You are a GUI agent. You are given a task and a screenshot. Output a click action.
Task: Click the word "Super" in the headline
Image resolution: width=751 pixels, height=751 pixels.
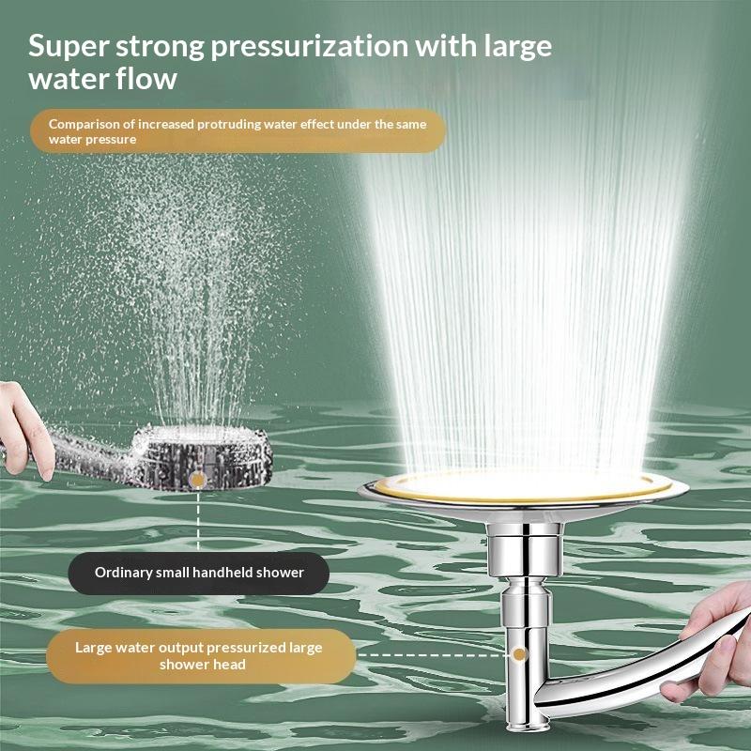pos(68,47)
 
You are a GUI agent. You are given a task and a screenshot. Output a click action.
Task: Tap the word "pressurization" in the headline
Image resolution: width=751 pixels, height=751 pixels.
pos(310,47)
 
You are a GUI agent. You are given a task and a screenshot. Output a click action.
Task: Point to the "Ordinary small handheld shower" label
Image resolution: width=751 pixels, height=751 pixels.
pos(199,573)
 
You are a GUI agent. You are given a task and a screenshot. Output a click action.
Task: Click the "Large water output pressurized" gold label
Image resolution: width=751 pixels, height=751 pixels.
pos(201,655)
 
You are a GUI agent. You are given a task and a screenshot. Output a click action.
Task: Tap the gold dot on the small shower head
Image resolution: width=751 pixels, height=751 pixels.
pos(197,480)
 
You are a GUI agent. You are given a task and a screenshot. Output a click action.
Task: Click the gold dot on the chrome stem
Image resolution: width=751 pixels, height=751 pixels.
pos(519,654)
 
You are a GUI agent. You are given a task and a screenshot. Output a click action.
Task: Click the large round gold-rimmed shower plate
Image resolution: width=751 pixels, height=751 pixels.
pos(523,495)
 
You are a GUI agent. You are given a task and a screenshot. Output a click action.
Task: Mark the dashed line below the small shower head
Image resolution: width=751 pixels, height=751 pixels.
pos(198,521)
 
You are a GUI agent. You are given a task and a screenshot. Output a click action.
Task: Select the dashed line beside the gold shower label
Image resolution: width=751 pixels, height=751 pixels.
pos(434,654)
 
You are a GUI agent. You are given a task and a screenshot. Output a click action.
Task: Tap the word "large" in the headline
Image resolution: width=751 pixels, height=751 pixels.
pos(517,48)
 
